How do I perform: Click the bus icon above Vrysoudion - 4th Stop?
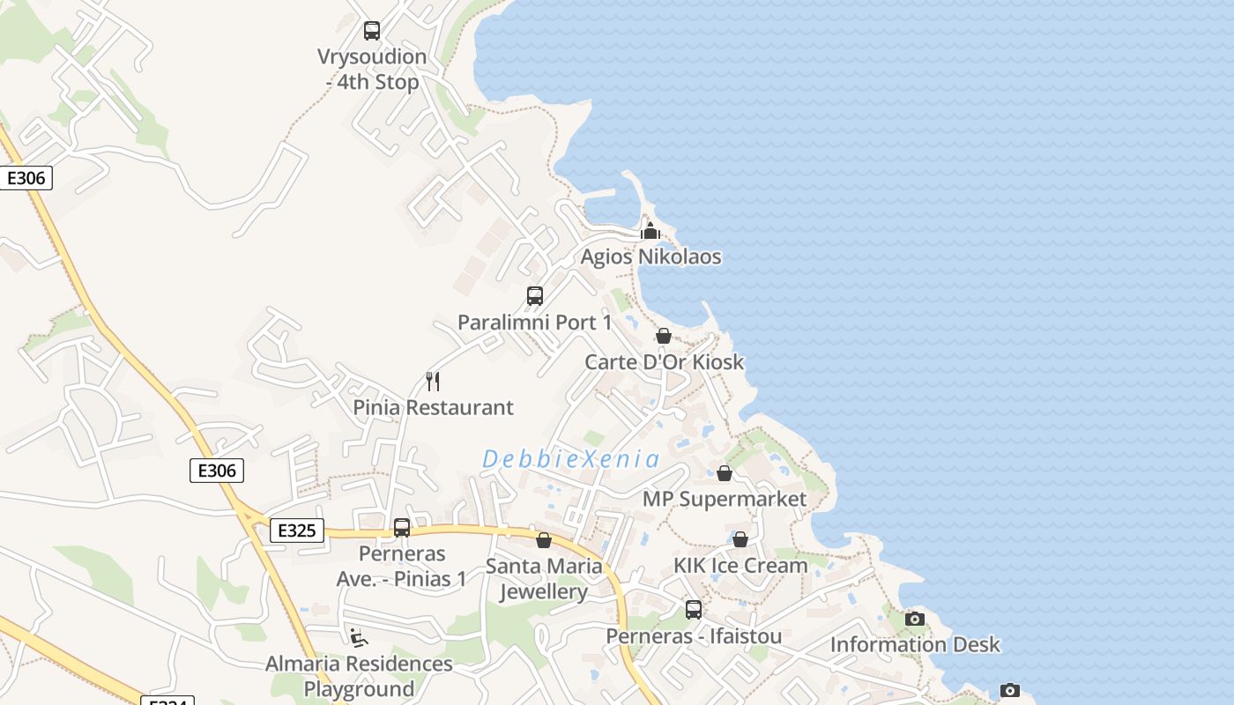372,31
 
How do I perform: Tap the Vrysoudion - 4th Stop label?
372,70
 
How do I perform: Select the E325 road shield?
296,531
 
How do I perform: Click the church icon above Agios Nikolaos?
650,232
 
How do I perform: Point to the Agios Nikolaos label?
650,257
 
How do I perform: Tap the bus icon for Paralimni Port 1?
535,296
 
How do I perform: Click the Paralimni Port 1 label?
534,323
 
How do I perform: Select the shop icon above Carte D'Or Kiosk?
664,336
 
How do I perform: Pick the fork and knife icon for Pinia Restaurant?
433,382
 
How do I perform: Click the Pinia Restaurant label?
433,408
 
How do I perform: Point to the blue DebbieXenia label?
571,459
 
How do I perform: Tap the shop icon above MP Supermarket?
725,473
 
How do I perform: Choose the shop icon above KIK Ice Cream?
740,539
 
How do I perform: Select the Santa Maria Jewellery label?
544,579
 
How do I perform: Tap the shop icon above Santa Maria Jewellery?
544,540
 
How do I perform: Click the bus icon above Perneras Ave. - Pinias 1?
402,528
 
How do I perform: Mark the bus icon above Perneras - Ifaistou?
694,610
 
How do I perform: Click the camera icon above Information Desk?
915,619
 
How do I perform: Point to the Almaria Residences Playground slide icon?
359,637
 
